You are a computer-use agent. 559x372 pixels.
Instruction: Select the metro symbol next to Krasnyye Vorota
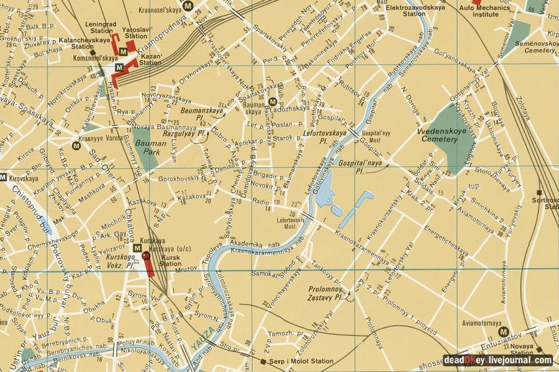click(76, 146)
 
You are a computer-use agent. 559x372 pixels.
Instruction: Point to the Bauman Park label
click(147, 146)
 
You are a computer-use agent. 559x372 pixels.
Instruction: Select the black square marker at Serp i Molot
click(263, 361)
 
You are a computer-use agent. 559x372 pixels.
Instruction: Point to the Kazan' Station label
click(150, 59)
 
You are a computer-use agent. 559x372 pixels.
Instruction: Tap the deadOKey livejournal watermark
click(498, 360)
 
